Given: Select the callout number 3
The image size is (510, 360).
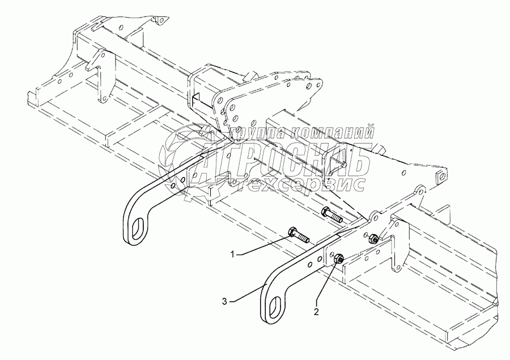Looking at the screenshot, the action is [x=225, y=302].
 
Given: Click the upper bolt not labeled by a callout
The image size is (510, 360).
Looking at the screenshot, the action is [x=330, y=215].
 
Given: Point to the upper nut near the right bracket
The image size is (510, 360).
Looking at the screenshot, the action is [x=374, y=239].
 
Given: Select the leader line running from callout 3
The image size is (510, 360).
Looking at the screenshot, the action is [x=244, y=295].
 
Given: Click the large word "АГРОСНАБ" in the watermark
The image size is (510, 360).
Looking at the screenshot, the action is [x=283, y=158].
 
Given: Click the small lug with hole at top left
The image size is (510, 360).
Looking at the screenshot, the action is [x=159, y=21].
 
